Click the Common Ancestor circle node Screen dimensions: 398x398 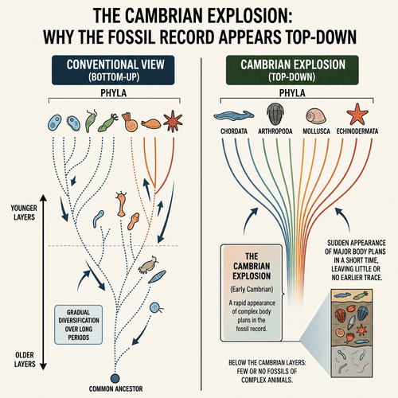coord(115,378)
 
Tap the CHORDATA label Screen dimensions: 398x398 coord(234,131)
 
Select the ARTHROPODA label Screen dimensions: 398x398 coord(275,131)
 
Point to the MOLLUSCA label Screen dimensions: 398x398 coord(317,131)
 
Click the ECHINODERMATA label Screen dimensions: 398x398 coord(357,131)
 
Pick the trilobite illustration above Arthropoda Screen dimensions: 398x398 coord(275,114)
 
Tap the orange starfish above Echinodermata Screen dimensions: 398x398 coord(357,114)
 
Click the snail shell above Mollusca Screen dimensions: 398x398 coord(316,116)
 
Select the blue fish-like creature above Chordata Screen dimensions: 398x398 coord(234,115)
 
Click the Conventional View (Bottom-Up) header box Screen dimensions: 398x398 coord(113,70)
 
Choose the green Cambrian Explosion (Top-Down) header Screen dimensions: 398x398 coord(292,70)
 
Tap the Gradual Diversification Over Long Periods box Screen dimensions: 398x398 coord(79,325)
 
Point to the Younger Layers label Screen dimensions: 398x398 coord(24,213)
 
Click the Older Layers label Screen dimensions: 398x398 coord(25,359)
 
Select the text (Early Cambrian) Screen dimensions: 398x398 coord(252,289)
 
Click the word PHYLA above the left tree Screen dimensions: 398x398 coord(114,93)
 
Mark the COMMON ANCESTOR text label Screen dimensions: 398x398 coord(116,389)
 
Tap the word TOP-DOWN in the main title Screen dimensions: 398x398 coord(319,37)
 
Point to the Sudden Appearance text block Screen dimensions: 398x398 coord(356,260)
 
